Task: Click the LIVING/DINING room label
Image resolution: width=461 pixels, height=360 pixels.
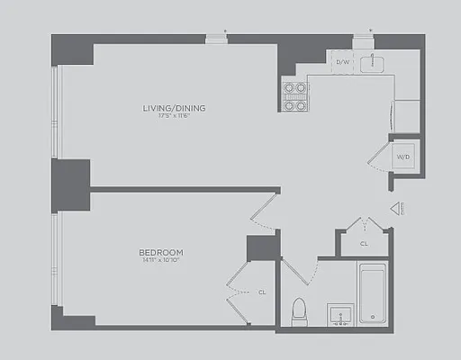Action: (174, 108)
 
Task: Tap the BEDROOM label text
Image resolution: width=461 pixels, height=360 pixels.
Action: (161, 251)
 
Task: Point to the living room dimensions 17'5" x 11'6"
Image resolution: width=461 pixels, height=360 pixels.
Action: (174, 116)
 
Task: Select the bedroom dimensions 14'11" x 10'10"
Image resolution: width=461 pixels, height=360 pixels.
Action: (161, 260)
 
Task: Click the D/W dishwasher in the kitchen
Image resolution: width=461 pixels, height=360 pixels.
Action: (343, 62)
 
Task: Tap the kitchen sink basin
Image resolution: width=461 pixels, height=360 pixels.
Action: (373, 62)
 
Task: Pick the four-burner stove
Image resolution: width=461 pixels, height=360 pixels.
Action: (294, 95)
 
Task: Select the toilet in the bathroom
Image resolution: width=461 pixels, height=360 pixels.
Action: (300, 311)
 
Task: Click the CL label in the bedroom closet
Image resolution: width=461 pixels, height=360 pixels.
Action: (262, 292)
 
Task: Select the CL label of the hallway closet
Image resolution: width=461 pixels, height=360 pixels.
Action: (364, 243)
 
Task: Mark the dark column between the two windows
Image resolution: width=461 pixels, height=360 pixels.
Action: (71, 184)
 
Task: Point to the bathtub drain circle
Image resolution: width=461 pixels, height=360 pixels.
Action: (373, 318)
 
